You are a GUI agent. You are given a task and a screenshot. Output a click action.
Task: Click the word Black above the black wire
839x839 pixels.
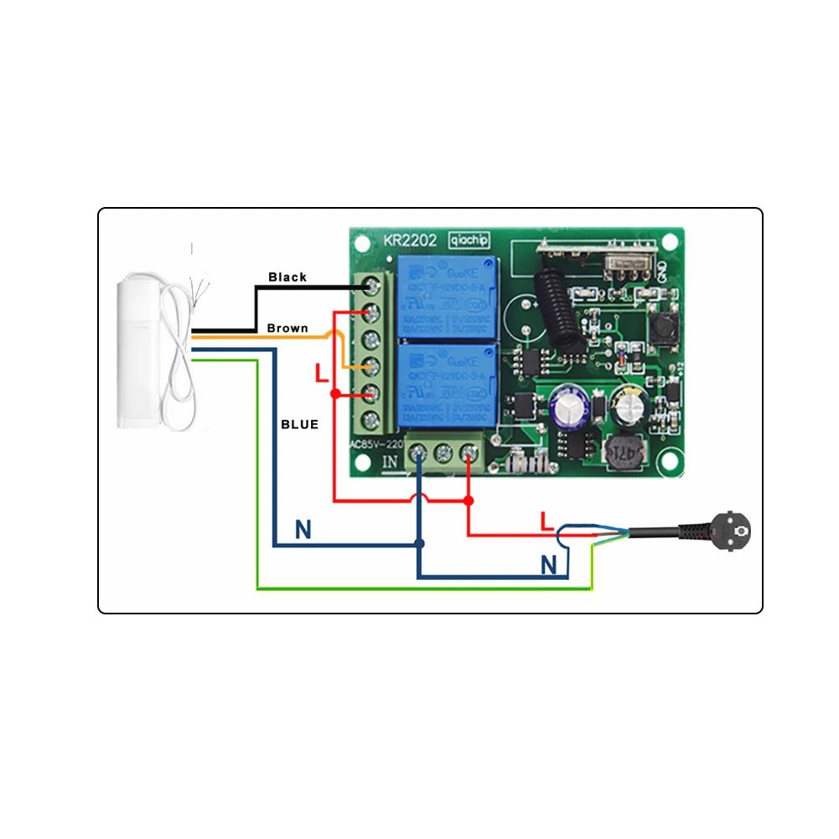pos(287,277)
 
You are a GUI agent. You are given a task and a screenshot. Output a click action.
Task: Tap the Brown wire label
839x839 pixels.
pos(287,328)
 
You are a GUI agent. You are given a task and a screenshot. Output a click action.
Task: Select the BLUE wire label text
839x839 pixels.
pos(299,424)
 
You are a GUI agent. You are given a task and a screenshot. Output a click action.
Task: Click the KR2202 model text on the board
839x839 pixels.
pos(411,240)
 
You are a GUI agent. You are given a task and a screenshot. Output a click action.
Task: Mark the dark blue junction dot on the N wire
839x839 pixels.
pos(420,544)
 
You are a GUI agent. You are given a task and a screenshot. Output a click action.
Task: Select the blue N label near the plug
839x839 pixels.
pos(548,566)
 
